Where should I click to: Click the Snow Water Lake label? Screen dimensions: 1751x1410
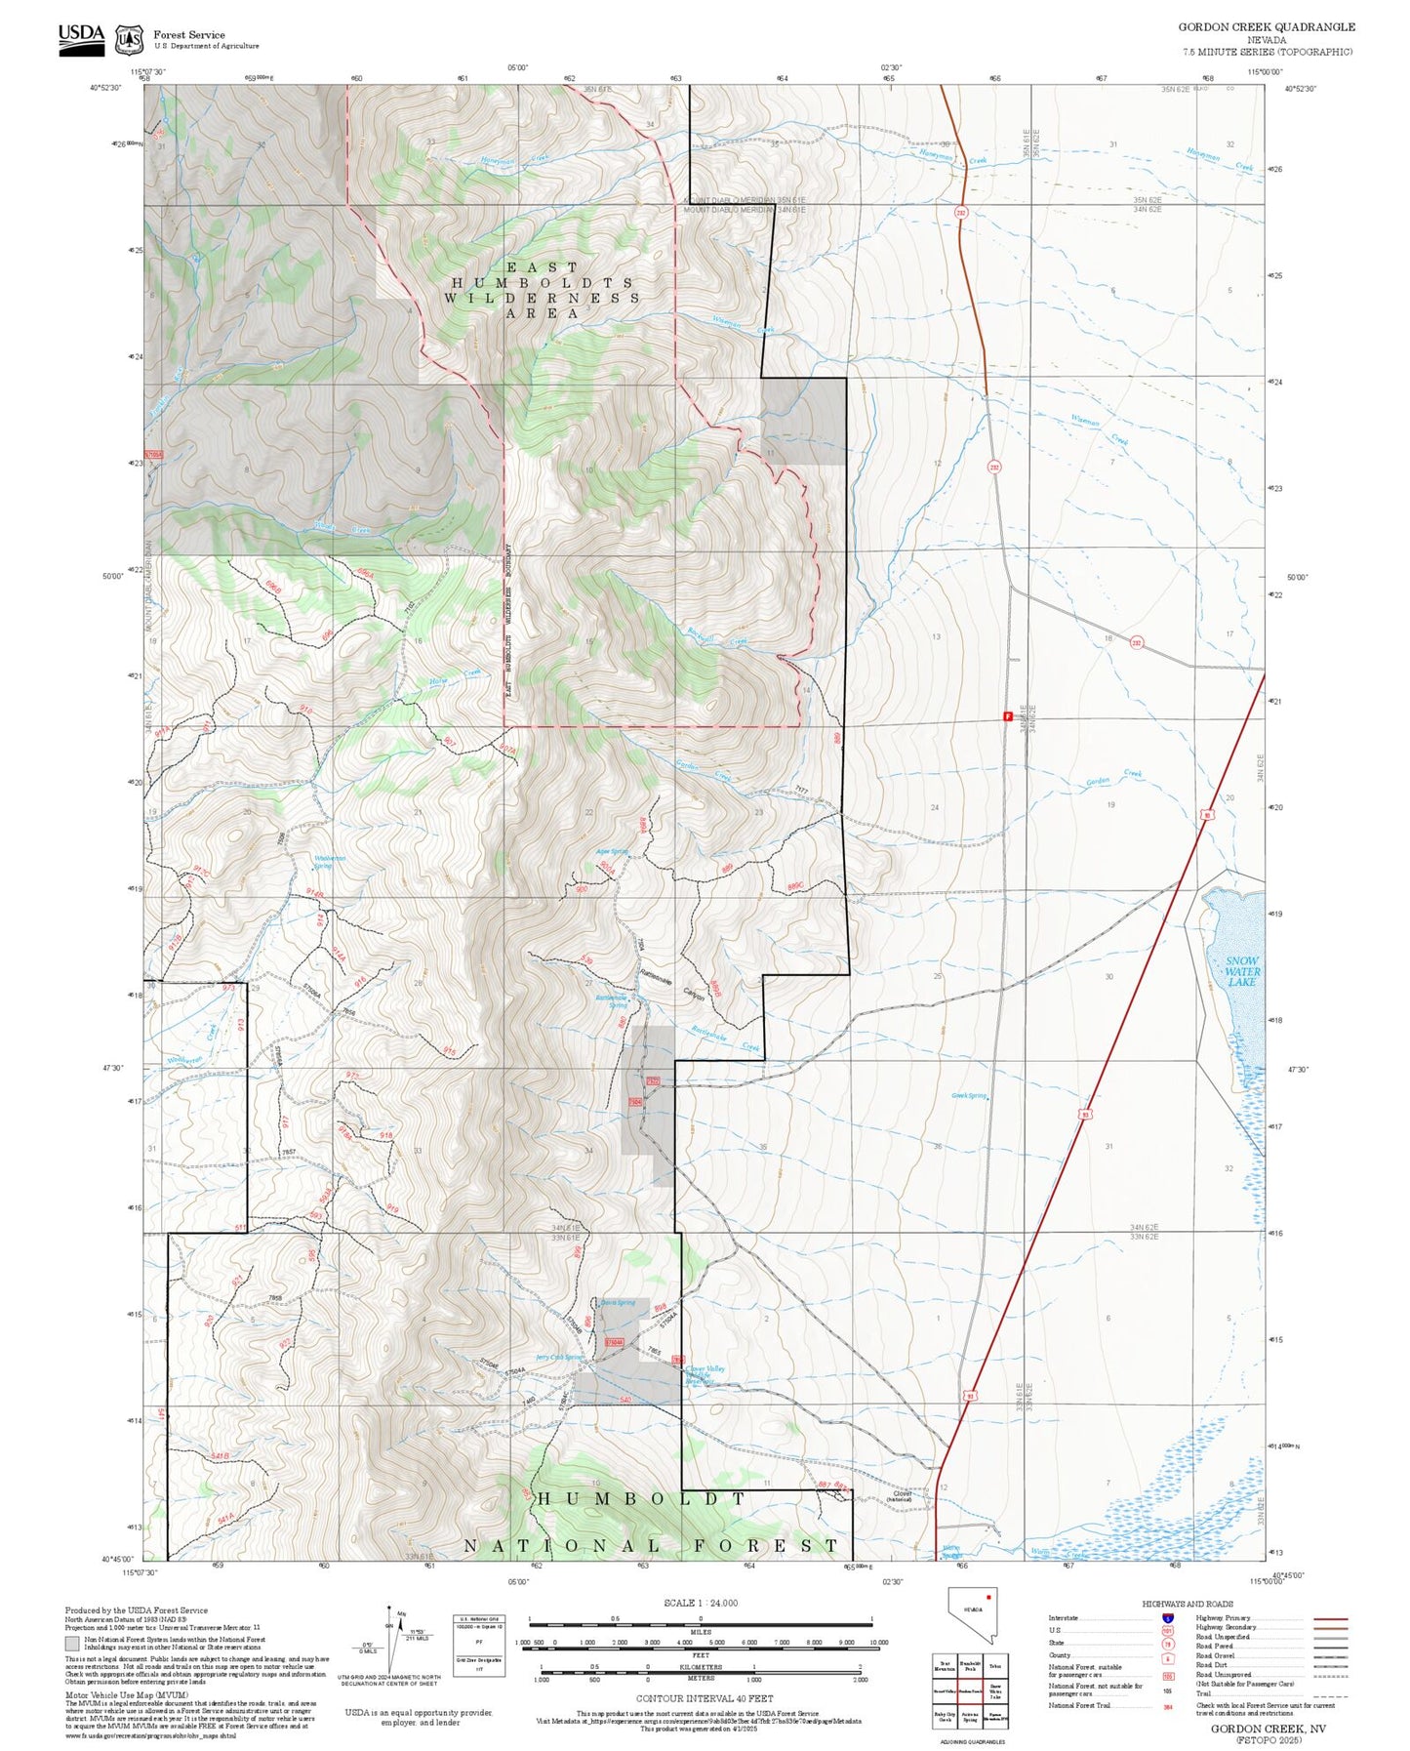[1241, 971]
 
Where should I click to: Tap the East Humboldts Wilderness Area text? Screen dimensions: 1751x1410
[543, 290]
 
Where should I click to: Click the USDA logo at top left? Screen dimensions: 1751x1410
[81, 35]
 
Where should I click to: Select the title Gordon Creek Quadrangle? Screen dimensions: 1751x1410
[1266, 27]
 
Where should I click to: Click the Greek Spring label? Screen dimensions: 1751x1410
[970, 1096]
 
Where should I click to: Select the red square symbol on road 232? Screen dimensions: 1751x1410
[1007, 716]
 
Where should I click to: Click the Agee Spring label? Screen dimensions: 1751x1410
[612, 851]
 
